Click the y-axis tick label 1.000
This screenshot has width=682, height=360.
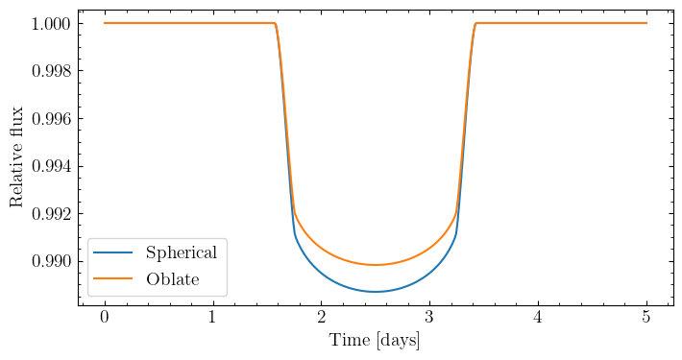click(x=51, y=23)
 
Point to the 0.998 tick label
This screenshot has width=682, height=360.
click(x=51, y=71)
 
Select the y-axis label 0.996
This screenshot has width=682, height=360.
click(x=51, y=119)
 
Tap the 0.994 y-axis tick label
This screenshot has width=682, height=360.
click(x=51, y=166)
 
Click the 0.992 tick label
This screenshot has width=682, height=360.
click(x=51, y=214)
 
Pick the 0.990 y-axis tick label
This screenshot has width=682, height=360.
click(x=51, y=262)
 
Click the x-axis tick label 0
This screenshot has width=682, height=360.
click(x=105, y=318)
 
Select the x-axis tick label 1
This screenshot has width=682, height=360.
click(x=212, y=318)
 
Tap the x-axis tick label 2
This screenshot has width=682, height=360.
click(x=321, y=318)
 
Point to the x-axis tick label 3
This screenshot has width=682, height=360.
click(x=429, y=318)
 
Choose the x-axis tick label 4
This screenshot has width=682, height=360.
click(x=538, y=318)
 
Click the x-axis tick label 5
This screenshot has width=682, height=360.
click(x=646, y=318)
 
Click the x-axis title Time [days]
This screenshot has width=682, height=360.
click(x=375, y=341)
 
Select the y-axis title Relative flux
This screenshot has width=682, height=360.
click(x=16, y=156)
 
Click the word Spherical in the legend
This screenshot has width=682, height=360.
click(x=181, y=253)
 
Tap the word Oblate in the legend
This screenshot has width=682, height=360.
click(x=173, y=279)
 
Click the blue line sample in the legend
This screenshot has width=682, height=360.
click(x=113, y=252)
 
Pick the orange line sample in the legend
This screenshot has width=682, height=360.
click(x=113, y=278)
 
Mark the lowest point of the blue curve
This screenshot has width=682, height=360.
click(x=376, y=292)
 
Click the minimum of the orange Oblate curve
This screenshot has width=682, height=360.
click(x=376, y=265)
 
